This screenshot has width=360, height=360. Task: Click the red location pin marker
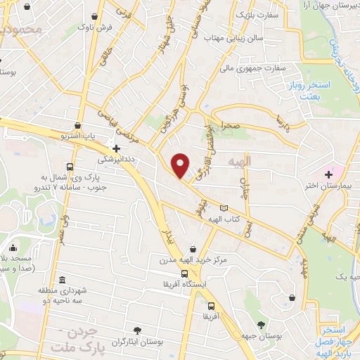point(181,165)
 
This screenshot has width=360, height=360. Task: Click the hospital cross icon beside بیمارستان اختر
point(328,174)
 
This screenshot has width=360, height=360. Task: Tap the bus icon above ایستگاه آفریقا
point(184,274)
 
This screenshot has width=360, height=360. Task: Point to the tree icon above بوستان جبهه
point(262,325)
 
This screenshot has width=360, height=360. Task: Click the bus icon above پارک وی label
point(69,167)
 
